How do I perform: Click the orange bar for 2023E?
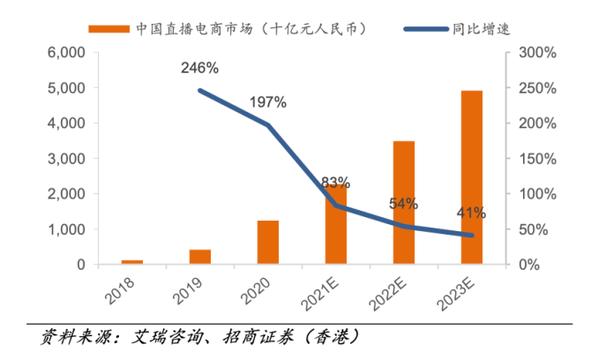[x=472, y=177]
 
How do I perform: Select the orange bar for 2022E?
[x=404, y=202]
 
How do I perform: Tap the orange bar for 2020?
[x=268, y=242]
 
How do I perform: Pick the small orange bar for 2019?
[x=200, y=257]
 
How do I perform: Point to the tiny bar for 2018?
[x=132, y=262]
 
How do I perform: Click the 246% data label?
[x=200, y=68]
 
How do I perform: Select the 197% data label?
[x=267, y=102]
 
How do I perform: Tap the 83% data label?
[x=336, y=184]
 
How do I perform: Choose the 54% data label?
[x=403, y=204]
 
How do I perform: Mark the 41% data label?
[x=471, y=213]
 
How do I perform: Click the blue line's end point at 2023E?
[x=472, y=236]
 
